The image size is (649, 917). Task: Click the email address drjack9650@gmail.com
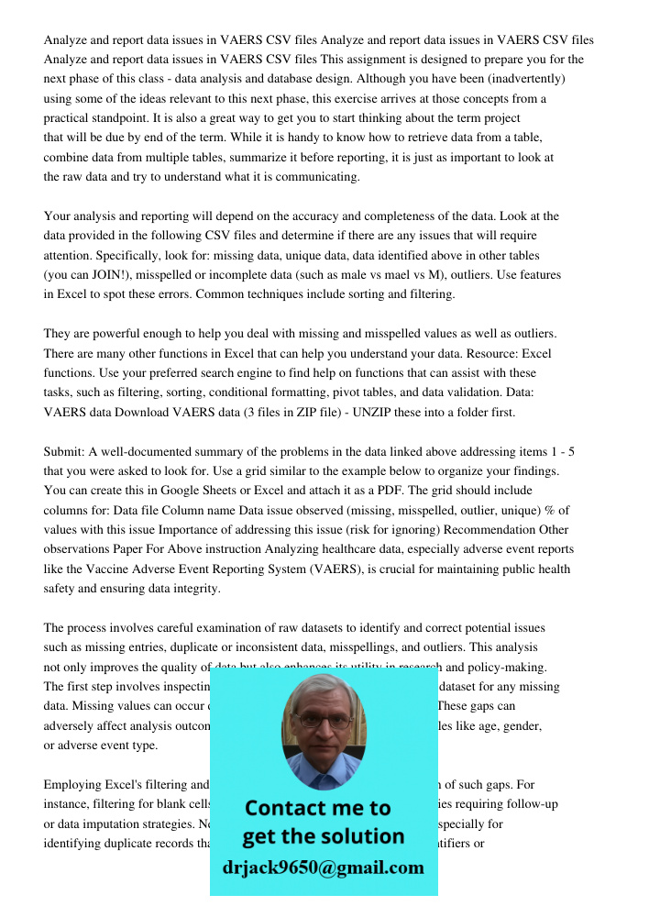click(324, 867)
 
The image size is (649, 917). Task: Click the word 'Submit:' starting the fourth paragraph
click(66, 452)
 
